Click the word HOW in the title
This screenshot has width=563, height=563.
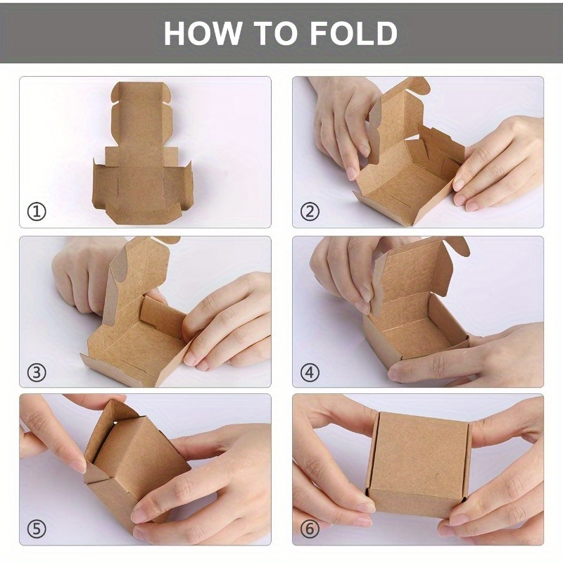203,33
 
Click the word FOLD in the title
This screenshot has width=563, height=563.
353,33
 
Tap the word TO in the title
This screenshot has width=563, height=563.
276,33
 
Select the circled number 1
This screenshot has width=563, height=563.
37,212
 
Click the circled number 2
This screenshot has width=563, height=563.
310,212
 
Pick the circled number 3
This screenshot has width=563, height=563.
37,373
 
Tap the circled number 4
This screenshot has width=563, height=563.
310,373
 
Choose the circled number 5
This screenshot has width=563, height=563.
37,529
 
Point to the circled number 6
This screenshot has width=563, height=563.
310,529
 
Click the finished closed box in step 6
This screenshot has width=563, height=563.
419,464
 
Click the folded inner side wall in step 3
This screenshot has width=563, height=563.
163,317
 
